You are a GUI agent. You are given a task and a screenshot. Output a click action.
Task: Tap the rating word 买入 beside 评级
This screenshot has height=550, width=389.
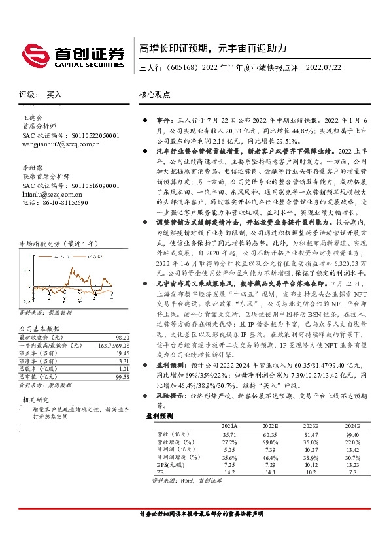coord(54,94)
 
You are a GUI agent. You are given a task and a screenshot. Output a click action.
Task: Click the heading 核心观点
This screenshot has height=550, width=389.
coord(156,94)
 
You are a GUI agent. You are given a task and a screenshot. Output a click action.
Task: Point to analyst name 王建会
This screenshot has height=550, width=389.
coord(31,118)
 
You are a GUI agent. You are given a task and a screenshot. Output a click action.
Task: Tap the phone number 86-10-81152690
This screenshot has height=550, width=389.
coord(64,202)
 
